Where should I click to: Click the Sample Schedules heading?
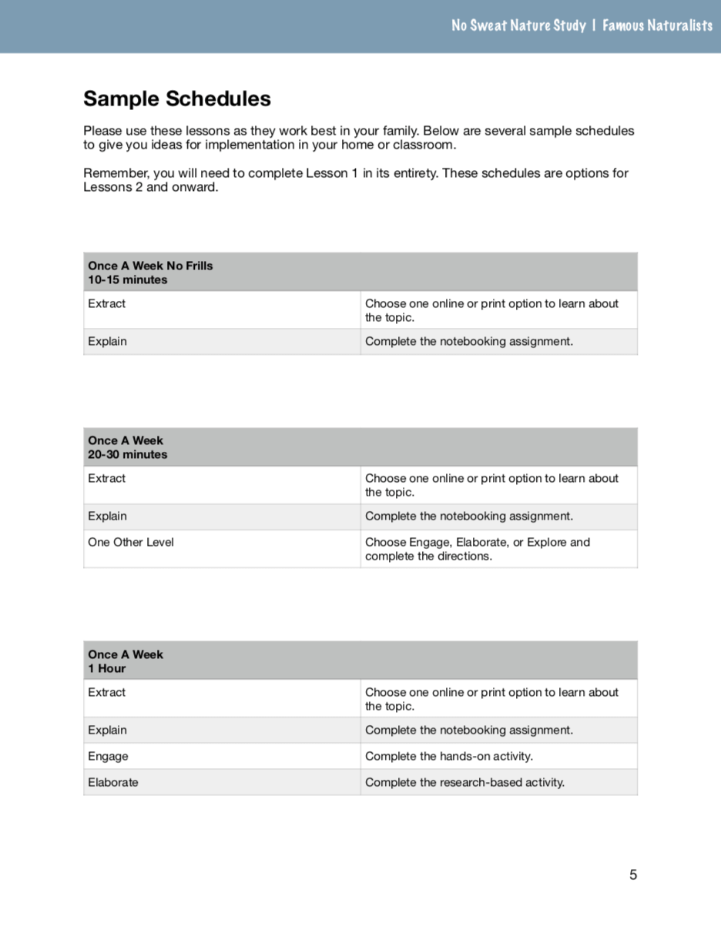pos(177,99)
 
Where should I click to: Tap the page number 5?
pos(633,874)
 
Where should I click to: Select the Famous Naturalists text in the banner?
pos(657,25)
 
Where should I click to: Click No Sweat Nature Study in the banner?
pos(518,25)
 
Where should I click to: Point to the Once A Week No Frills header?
pos(150,266)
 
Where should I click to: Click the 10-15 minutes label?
pos(127,279)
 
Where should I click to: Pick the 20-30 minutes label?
pos(127,454)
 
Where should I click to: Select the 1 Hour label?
pos(106,668)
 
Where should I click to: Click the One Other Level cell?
pos(131,542)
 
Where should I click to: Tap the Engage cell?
pos(108,756)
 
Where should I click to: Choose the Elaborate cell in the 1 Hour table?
pos(113,782)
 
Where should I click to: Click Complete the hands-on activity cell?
pos(449,756)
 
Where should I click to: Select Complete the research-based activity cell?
pos(464,782)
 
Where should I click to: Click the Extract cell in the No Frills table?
pos(106,303)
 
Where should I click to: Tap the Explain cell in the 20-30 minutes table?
pos(107,516)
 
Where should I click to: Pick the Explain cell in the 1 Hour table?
pos(107,730)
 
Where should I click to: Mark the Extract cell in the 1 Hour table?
pos(106,692)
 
